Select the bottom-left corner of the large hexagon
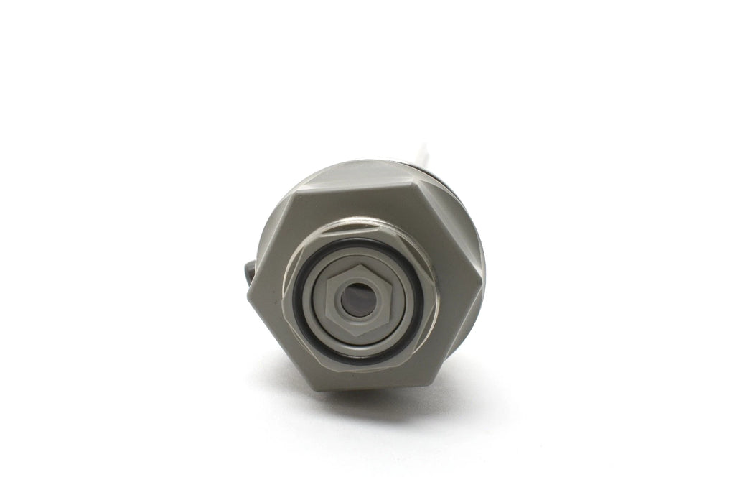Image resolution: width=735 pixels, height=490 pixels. point(314,387)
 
